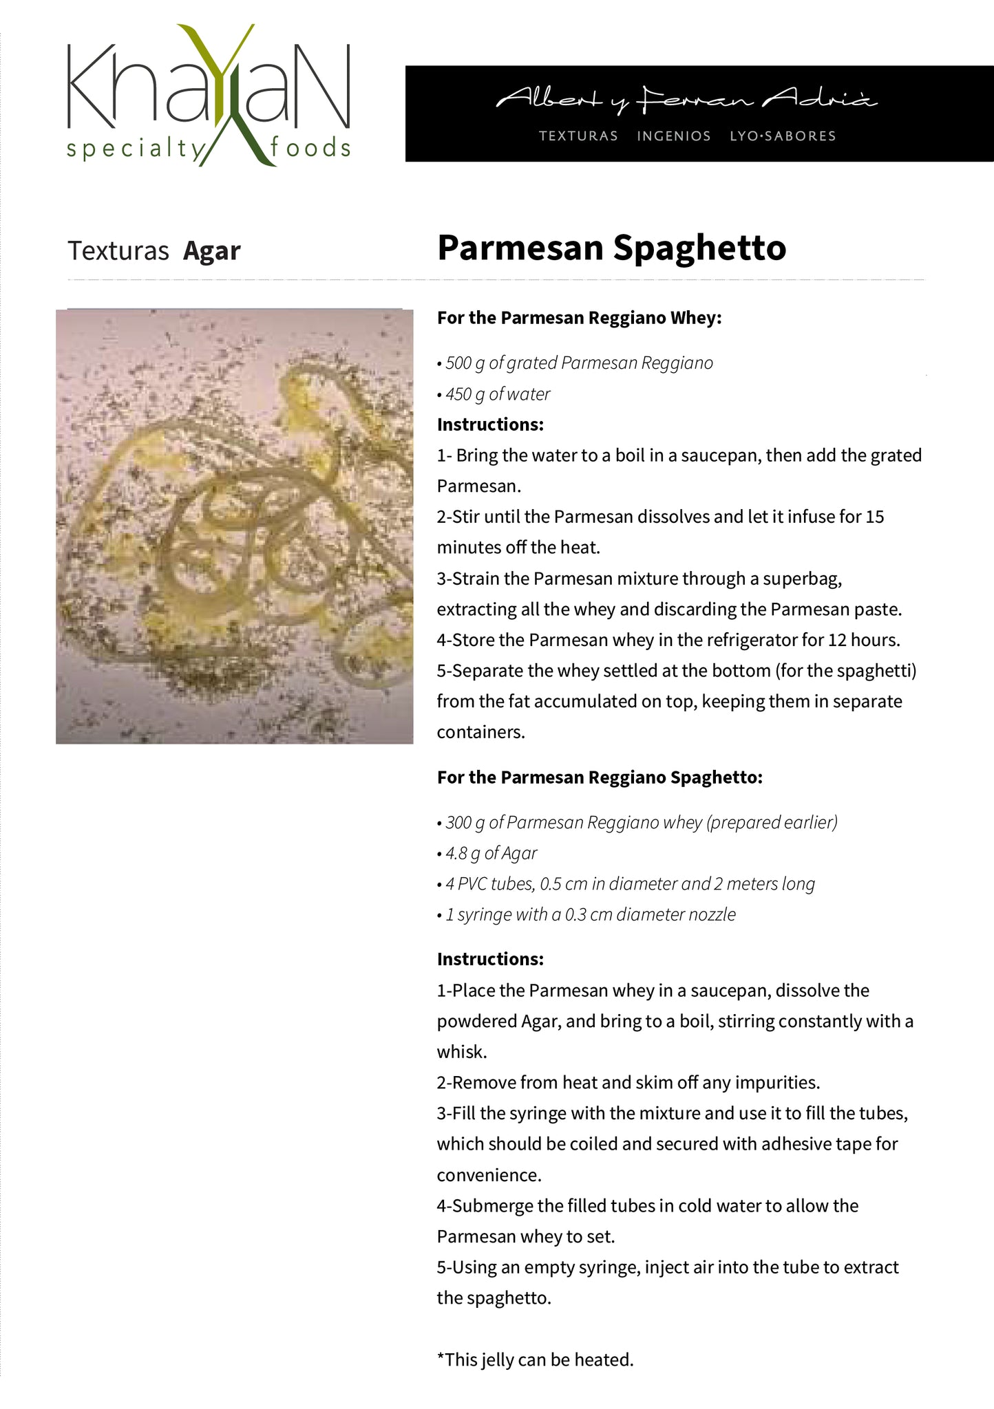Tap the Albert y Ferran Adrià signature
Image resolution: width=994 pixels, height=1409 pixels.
pyautogui.click(x=686, y=100)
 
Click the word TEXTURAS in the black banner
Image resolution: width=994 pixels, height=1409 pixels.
pyautogui.click(x=578, y=136)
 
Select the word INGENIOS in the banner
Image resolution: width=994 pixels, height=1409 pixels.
pyautogui.click(x=673, y=136)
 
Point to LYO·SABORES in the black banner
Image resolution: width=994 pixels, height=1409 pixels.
pyautogui.click(x=783, y=136)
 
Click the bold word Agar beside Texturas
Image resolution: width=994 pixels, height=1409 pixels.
pyautogui.click(x=212, y=251)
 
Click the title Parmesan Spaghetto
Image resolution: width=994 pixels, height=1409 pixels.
pyautogui.click(x=611, y=248)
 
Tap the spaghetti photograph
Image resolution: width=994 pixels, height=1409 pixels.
pyautogui.click(x=234, y=526)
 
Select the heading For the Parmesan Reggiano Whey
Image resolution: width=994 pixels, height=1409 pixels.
pyautogui.click(x=579, y=318)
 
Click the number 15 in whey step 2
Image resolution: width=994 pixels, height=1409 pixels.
pyautogui.click(x=874, y=517)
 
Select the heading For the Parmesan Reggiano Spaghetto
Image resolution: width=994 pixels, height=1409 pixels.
pyautogui.click(x=600, y=777)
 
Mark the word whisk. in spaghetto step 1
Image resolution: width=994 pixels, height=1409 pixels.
pyautogui.click(x=462, y=1052)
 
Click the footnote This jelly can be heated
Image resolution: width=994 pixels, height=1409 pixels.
pyautogui.click(x=536, y=1360)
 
